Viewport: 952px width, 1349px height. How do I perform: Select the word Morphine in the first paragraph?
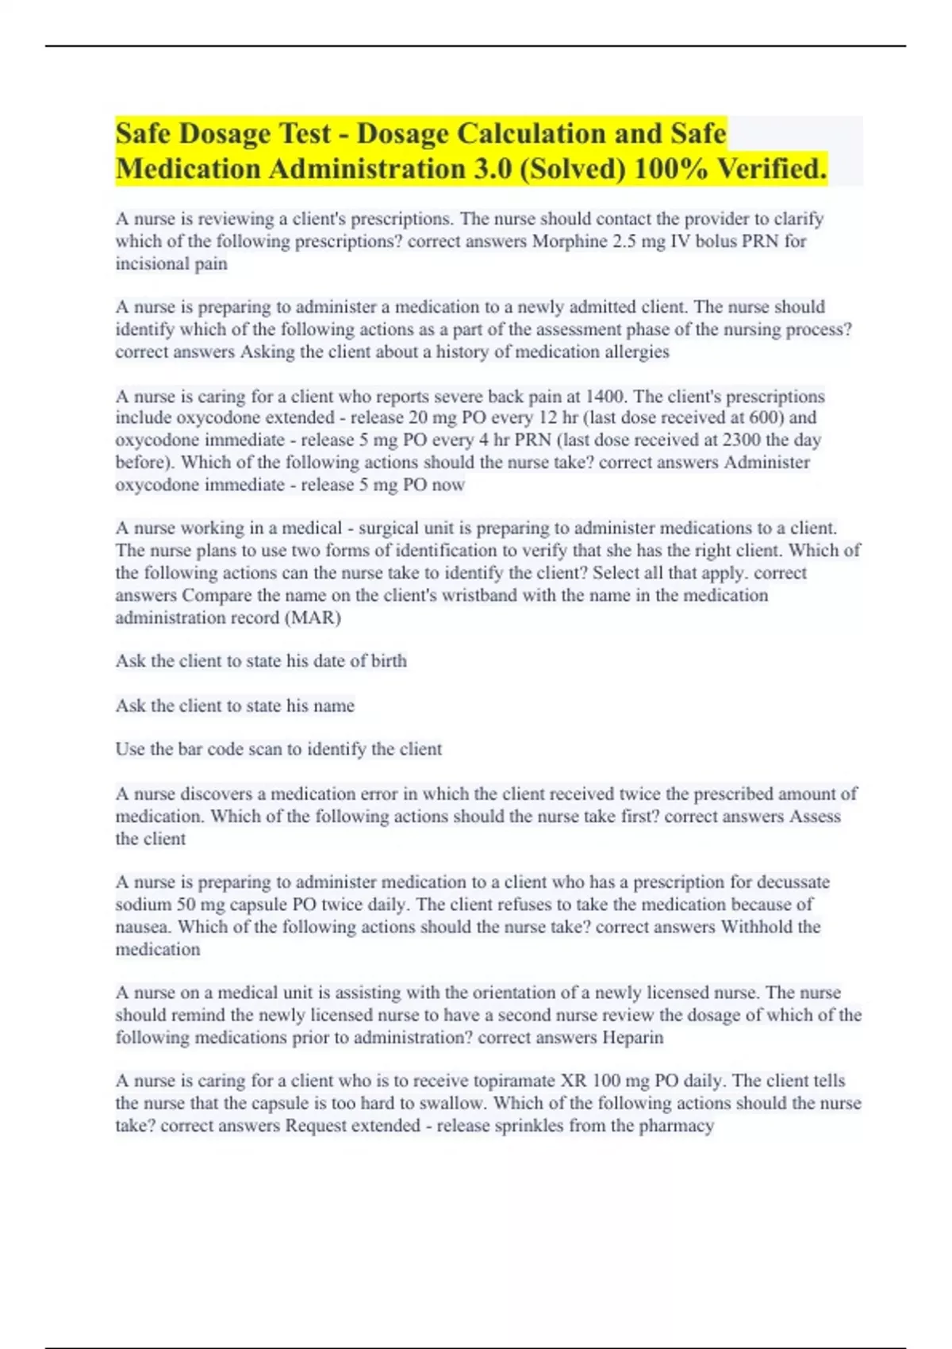pos(566,241)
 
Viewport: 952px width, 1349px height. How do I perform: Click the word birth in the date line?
pos(389,661)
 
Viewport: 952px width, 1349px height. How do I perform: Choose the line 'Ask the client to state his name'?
pos(235,705)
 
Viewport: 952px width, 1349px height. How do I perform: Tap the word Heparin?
pos(632,1037)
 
